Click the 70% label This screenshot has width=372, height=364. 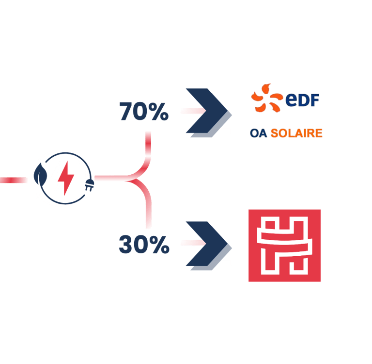tap(144, 113)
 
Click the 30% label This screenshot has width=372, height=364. tap(144, 246)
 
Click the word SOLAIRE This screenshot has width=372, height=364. tap(296, 133)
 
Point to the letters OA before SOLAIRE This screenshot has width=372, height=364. tap(259, 133)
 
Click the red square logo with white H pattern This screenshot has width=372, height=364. tap(285, 246)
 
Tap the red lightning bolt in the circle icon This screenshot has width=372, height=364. tap(66, 179)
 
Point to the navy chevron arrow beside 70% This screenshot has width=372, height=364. tap(203, 112)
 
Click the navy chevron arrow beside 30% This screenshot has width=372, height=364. tap(203, 245)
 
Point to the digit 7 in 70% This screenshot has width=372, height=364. tap(126, 113)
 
